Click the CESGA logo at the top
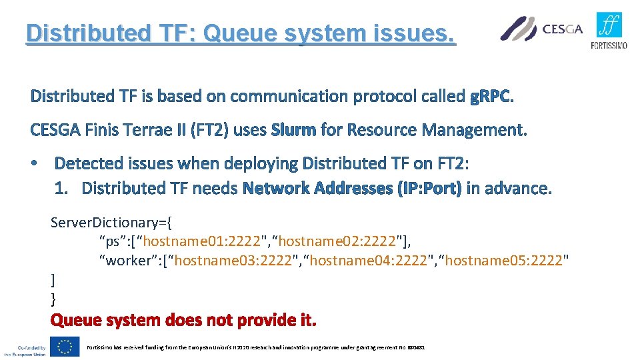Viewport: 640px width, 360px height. coord(541,29)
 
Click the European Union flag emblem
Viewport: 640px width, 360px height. coord(66,346)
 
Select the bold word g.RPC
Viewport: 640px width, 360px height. coord(492,97)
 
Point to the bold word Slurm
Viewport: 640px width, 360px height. coord(293,130)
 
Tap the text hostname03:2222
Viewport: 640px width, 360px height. coord(233,260)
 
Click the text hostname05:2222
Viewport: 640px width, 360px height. coord(505,260)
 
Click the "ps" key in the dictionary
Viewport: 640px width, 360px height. coord(111,241)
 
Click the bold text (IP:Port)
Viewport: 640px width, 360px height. coord(429,189)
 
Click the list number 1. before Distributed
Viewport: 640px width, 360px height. coord(62,189)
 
